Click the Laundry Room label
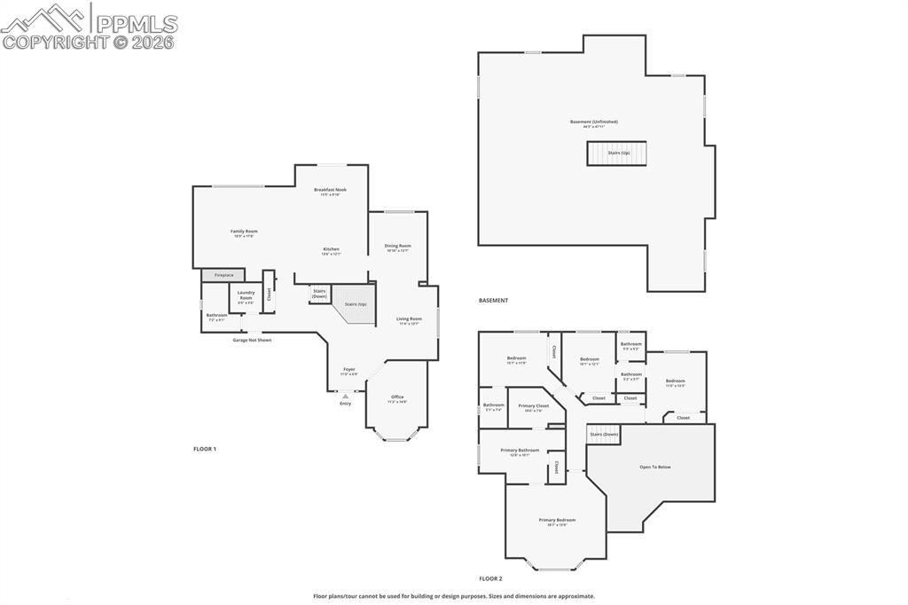coord(246,295)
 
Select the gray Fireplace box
coord(223,275)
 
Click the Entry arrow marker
coord(345,396)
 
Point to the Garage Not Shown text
coord(252,340)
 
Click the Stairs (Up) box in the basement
coord(617,153)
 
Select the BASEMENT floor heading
coord(493,301)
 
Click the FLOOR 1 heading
coord(205,449)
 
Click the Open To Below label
coord(655,467)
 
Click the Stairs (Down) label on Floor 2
coord(604,434)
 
